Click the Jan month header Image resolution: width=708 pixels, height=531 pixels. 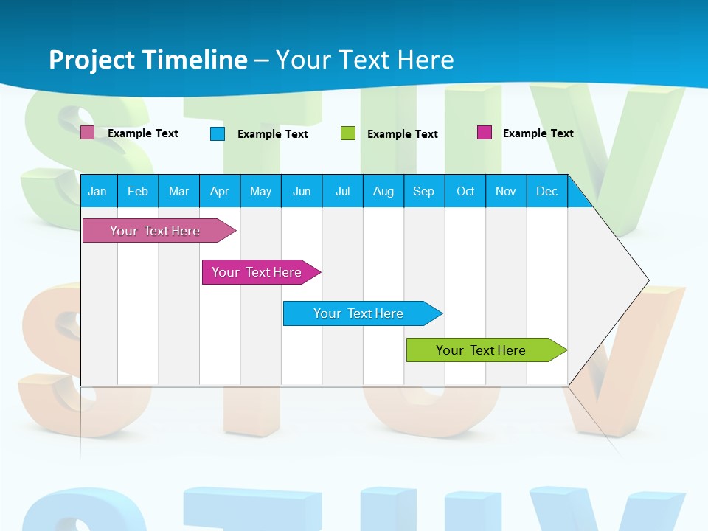(x=97, y=191)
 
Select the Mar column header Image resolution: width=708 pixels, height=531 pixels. (x=178, y=191)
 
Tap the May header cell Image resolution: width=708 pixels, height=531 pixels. (x=260, y=191)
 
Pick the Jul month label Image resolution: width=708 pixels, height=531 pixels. (x=342, y=191)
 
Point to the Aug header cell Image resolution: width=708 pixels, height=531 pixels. (x=383, y=191)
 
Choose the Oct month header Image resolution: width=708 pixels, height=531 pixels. (x=465, y=191)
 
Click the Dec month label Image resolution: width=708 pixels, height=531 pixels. (x=546, y=191)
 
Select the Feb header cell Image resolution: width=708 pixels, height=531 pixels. (x=138, y=191)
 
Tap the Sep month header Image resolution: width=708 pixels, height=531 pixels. (x=423, y=191)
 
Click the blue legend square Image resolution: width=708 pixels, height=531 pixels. (x=218, y=133)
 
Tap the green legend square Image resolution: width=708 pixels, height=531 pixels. (x=348, y=133)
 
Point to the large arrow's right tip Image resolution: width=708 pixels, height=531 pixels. (x=648, y=280)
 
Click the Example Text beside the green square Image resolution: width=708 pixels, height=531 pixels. (x=403, y=134)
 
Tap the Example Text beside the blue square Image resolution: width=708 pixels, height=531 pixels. (x=273, y=134)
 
